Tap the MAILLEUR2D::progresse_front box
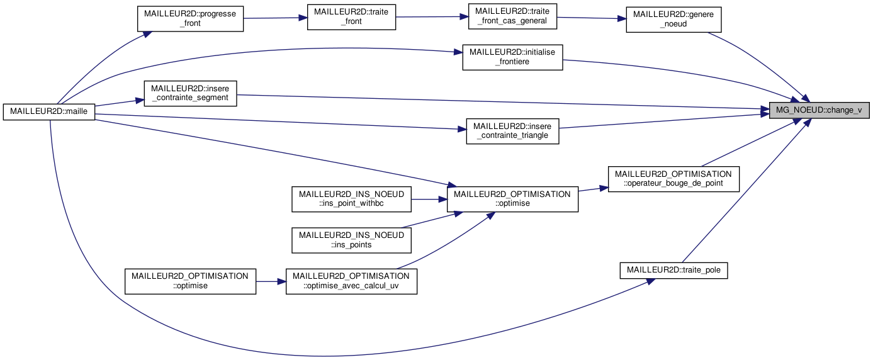pos(190,18)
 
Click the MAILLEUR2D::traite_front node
pos(351,18)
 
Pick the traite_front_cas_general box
pos(513,16)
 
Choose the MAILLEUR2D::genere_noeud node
pos(673,19)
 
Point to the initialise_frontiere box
pos(512,57)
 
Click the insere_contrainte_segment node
pos(190,93)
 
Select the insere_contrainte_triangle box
pos(512,131)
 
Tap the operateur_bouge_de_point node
pos(673,178)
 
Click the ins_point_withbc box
pos(351,199)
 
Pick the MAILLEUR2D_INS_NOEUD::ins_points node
pos(351,240)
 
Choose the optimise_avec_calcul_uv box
pos(351,281)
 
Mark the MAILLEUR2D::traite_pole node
pos(673,271)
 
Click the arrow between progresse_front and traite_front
pos(275,18)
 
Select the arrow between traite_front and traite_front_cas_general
pos(432,17)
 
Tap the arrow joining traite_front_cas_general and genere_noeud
pos(592,18)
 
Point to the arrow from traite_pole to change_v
pos(743,189)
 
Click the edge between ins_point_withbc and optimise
pos(429,199)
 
